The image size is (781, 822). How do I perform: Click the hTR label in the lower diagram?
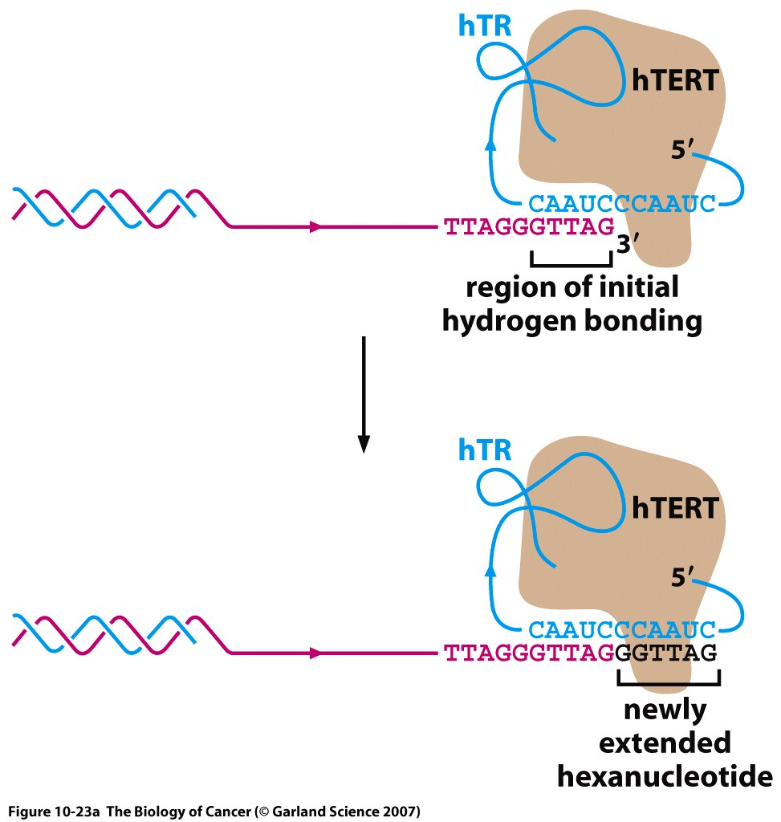click(x=485, y=450)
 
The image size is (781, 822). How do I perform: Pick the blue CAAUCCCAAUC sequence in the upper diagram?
click(x=621, y=204)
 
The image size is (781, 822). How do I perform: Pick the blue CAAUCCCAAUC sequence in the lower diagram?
click(x=621, y=629)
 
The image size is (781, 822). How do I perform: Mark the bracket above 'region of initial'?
click(x=572, y=262)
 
